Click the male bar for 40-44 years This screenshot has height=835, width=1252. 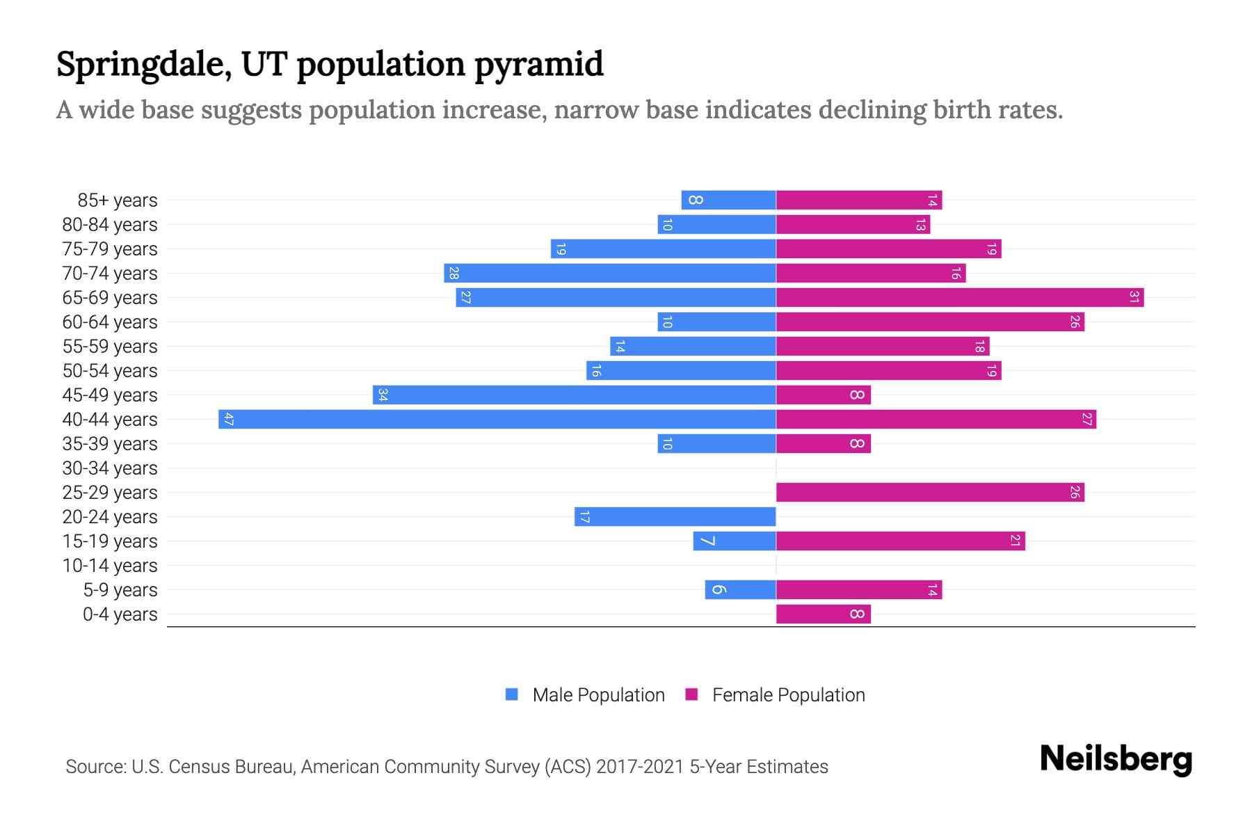pos(497,419)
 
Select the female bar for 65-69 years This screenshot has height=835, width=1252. pos(959,297)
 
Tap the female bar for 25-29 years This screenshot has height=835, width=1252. pos(929,492)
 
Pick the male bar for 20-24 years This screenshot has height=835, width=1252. pos(675,516)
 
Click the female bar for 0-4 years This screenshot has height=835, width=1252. pos(823,614)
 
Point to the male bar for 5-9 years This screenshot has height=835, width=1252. pos(740,589)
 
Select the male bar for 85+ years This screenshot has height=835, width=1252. pos(728,200)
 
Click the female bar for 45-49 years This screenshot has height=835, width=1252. pos(823,395)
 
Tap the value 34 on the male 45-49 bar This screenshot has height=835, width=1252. pos(383,395)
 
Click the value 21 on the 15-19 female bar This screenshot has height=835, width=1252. pos(1016,541)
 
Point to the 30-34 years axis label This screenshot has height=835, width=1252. pos(110,468)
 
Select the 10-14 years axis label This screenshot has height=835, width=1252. pos(110,566)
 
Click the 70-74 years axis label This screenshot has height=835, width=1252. pos(110,273)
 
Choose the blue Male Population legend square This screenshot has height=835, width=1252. pos(512,694)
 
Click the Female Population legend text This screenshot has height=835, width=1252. pos(788,694)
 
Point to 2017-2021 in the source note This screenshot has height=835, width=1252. pos(640,766)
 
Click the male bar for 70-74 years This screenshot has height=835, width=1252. pos(609,273)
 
